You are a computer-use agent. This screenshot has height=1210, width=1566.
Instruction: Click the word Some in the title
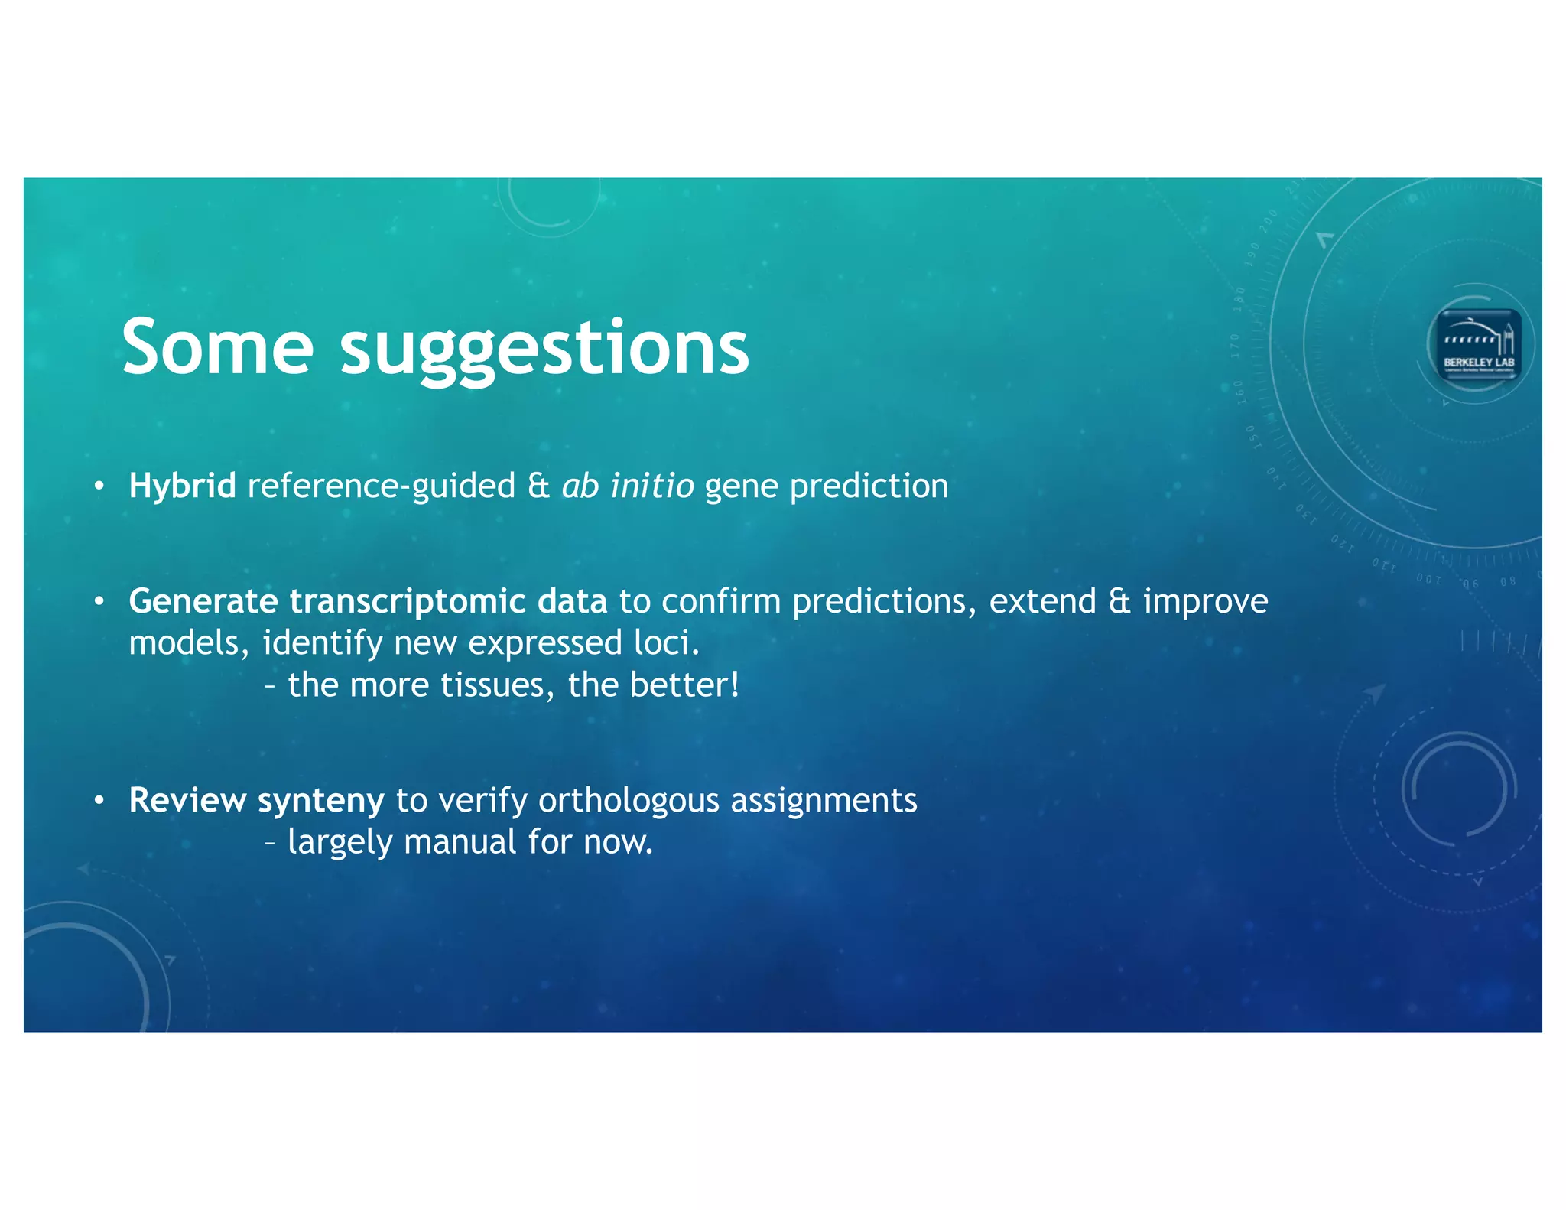(217, 348)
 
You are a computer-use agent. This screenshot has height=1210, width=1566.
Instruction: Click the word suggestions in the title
(544, 350)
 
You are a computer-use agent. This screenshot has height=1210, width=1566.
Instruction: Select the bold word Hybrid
(182, 486)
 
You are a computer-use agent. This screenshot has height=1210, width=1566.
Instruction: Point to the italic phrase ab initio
(627, 486)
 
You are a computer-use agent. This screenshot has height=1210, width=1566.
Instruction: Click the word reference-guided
(381, 486)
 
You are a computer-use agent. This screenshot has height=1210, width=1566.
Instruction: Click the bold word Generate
(203, 601)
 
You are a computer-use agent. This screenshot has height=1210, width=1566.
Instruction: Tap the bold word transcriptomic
(407, 601)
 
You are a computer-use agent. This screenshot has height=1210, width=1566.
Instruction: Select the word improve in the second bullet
(1205, 602)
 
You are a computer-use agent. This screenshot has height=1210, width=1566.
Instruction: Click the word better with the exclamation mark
(684, 685)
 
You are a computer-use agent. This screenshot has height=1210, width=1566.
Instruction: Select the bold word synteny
(320, 801)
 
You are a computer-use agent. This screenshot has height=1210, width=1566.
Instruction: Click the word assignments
(824, 801)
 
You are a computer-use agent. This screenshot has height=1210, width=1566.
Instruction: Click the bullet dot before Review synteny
(99, 801)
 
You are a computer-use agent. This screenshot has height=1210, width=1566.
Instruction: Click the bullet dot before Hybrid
(99, 486)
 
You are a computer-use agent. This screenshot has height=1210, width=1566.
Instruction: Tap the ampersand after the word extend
(1119, 601)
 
